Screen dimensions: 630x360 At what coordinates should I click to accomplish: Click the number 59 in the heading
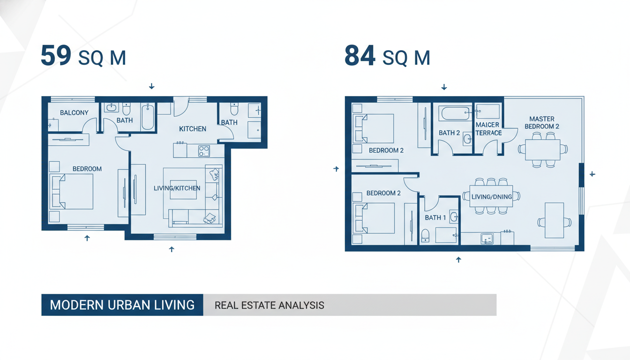click(x=56, y=55)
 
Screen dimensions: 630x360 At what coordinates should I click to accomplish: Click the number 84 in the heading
click(x=360, y=55)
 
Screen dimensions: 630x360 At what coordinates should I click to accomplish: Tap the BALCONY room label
click(x=74, y=113)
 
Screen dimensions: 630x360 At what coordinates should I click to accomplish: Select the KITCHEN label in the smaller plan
click(x=193, y=129)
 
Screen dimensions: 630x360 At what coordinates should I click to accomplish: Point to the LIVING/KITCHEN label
click(x=177, y=188)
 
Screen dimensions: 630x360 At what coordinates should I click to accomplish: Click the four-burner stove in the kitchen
click(x=204, y=151)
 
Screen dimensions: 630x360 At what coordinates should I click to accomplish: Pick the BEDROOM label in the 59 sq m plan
click(x=87, y=169)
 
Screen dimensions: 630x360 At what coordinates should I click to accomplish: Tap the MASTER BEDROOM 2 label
click(x=542, y=123)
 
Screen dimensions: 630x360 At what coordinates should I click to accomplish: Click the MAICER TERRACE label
click(x=488, y=129)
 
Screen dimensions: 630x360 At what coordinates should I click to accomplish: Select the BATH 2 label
click(x=450, y=133)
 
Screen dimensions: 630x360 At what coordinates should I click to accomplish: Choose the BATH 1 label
click(x=435, y=217)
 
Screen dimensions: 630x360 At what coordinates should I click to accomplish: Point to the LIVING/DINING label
click(x=492, y=197)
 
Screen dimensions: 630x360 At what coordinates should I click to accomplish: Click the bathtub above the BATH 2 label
click(x=455, y=113)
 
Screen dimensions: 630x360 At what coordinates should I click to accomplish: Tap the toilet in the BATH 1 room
click(x=425, y=236)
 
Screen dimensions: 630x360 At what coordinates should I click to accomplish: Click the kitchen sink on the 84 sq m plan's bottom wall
click(x=487, y=239)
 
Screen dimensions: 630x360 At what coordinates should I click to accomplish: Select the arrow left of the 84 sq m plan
click(x=336, y=169)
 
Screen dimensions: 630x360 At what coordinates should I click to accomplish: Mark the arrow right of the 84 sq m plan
click(x=592, y=174)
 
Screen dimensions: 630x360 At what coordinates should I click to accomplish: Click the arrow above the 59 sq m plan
click(x=151, y=86)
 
